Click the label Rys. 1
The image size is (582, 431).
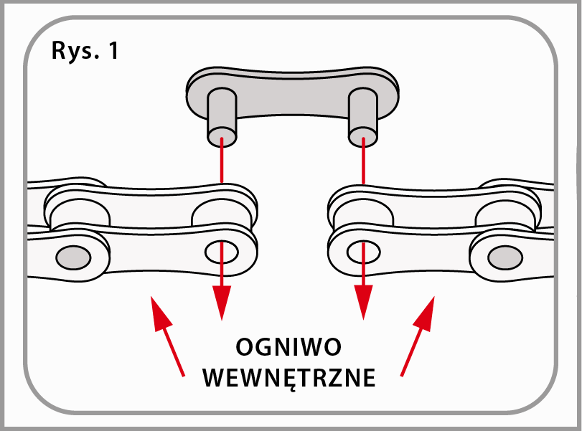pyautogui.click(x=85, y=52)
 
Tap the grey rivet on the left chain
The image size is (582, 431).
pyautogui.click(x=72, y=255)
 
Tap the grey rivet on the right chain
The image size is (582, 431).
pyautogui.click(x=507, y=255)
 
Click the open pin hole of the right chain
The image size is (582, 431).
pyautogui.click(x=361, y=251)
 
